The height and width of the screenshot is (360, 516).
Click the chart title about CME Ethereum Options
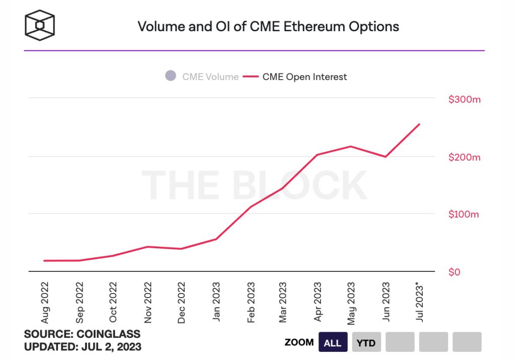[x=268, y=26]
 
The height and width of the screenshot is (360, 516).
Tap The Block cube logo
[x=40, y=25]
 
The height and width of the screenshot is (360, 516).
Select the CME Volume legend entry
[x=202, y=77]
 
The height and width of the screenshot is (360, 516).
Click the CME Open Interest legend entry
[x=295, y=77]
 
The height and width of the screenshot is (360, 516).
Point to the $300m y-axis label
[x=464, y=99]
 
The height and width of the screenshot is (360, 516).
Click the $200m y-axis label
[x=464, y=157]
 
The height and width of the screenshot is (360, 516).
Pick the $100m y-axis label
[x=464, y=214]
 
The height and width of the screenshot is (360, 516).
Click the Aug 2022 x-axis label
[x=45, y=302]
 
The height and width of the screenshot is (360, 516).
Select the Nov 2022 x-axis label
[x=148, y=302]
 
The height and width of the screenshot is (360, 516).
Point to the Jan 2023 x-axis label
[x=216, y=302]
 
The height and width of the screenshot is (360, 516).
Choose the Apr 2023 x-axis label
[x=317, y=302]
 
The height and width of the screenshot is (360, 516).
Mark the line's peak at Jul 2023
[x=419, y=124]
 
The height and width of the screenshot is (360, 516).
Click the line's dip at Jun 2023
[x=385, y=157]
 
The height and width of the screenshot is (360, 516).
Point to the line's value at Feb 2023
[x=250, y=207]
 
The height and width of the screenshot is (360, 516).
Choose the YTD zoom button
[x=366, y=343]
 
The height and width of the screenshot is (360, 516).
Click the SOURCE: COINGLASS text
[x=82, y=334]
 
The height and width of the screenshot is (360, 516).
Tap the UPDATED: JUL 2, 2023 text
[x=83, y=347]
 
